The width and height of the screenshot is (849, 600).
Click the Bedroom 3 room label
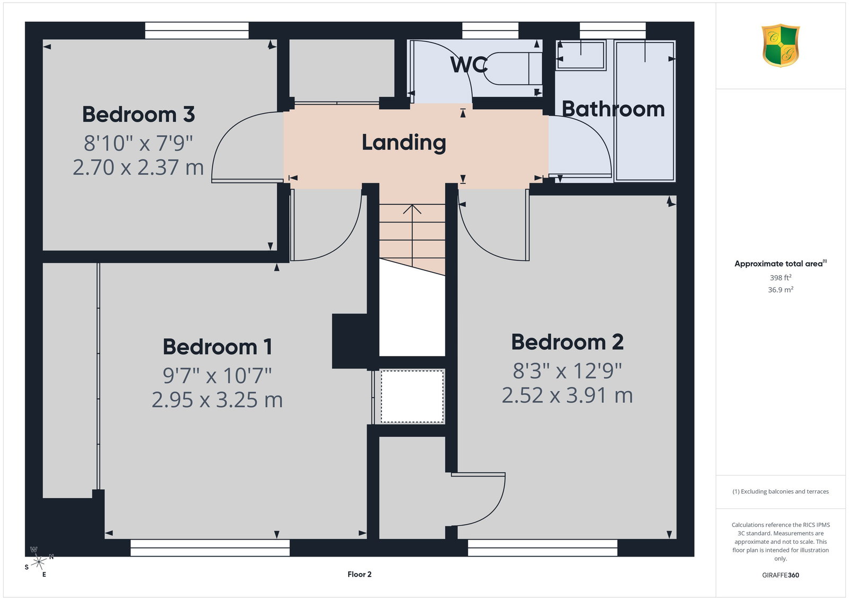click(138, 114)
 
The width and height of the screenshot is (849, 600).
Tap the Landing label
click(404, 143)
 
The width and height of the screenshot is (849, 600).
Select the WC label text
click(469, 64)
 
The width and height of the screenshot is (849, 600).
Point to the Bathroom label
click(613, 109)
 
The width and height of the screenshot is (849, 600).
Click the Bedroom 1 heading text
click(217, 346)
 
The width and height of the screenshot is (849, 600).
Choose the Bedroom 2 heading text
click(567, 342)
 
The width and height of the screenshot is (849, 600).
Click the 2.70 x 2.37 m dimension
click(138, 167)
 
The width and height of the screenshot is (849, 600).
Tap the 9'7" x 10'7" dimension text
click(217, 375)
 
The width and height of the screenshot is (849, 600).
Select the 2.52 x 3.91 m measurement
click(567, 395)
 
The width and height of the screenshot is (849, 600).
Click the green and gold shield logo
click(781, 46)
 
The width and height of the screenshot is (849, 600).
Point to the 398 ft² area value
click(781, 278)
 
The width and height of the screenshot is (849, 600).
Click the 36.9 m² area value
click(781, 289)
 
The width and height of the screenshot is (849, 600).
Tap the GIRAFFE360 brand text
click(781, 575)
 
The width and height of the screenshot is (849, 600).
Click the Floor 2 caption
click(359, 574)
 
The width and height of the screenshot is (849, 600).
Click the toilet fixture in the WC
click(512, 68)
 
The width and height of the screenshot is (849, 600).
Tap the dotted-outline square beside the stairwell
click(412, 396)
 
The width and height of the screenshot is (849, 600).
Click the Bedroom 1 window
click(210, 548)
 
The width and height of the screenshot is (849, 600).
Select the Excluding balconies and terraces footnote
click(781, 491)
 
